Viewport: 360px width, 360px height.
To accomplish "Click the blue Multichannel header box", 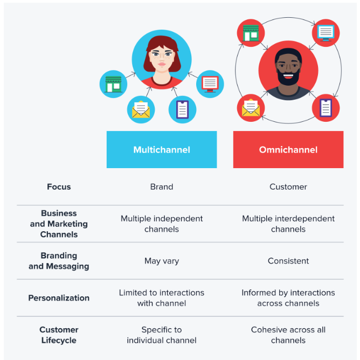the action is [162, 149].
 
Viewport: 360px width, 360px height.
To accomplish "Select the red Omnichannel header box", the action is [288, 149].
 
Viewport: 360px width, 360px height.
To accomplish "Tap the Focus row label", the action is [59, 186].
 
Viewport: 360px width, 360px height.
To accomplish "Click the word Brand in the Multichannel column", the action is [162, 186].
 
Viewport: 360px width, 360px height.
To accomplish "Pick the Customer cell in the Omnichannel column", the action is [288, 186].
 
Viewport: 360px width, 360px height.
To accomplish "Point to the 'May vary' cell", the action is [162, 261].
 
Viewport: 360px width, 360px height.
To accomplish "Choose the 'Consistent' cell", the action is [288, 261].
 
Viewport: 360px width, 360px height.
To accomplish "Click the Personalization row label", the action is [59, 298].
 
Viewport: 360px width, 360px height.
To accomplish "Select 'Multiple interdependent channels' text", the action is [288, 224].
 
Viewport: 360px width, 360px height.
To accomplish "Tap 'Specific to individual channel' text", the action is [162, 335].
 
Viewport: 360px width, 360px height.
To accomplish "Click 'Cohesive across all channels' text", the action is [288, 335].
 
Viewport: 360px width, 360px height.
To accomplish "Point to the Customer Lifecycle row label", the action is [59, 335].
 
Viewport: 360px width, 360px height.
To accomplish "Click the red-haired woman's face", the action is [162, 59].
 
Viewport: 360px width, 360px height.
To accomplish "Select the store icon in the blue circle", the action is [113, 84].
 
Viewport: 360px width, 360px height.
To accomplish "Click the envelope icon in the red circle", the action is [251, 107].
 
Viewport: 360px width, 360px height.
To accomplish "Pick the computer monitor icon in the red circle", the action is [326, 33].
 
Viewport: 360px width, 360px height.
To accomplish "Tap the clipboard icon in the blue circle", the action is [183, 109].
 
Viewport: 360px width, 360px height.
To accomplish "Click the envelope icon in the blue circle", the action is [141, 109].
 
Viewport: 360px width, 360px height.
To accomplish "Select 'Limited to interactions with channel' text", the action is [162, 298].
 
